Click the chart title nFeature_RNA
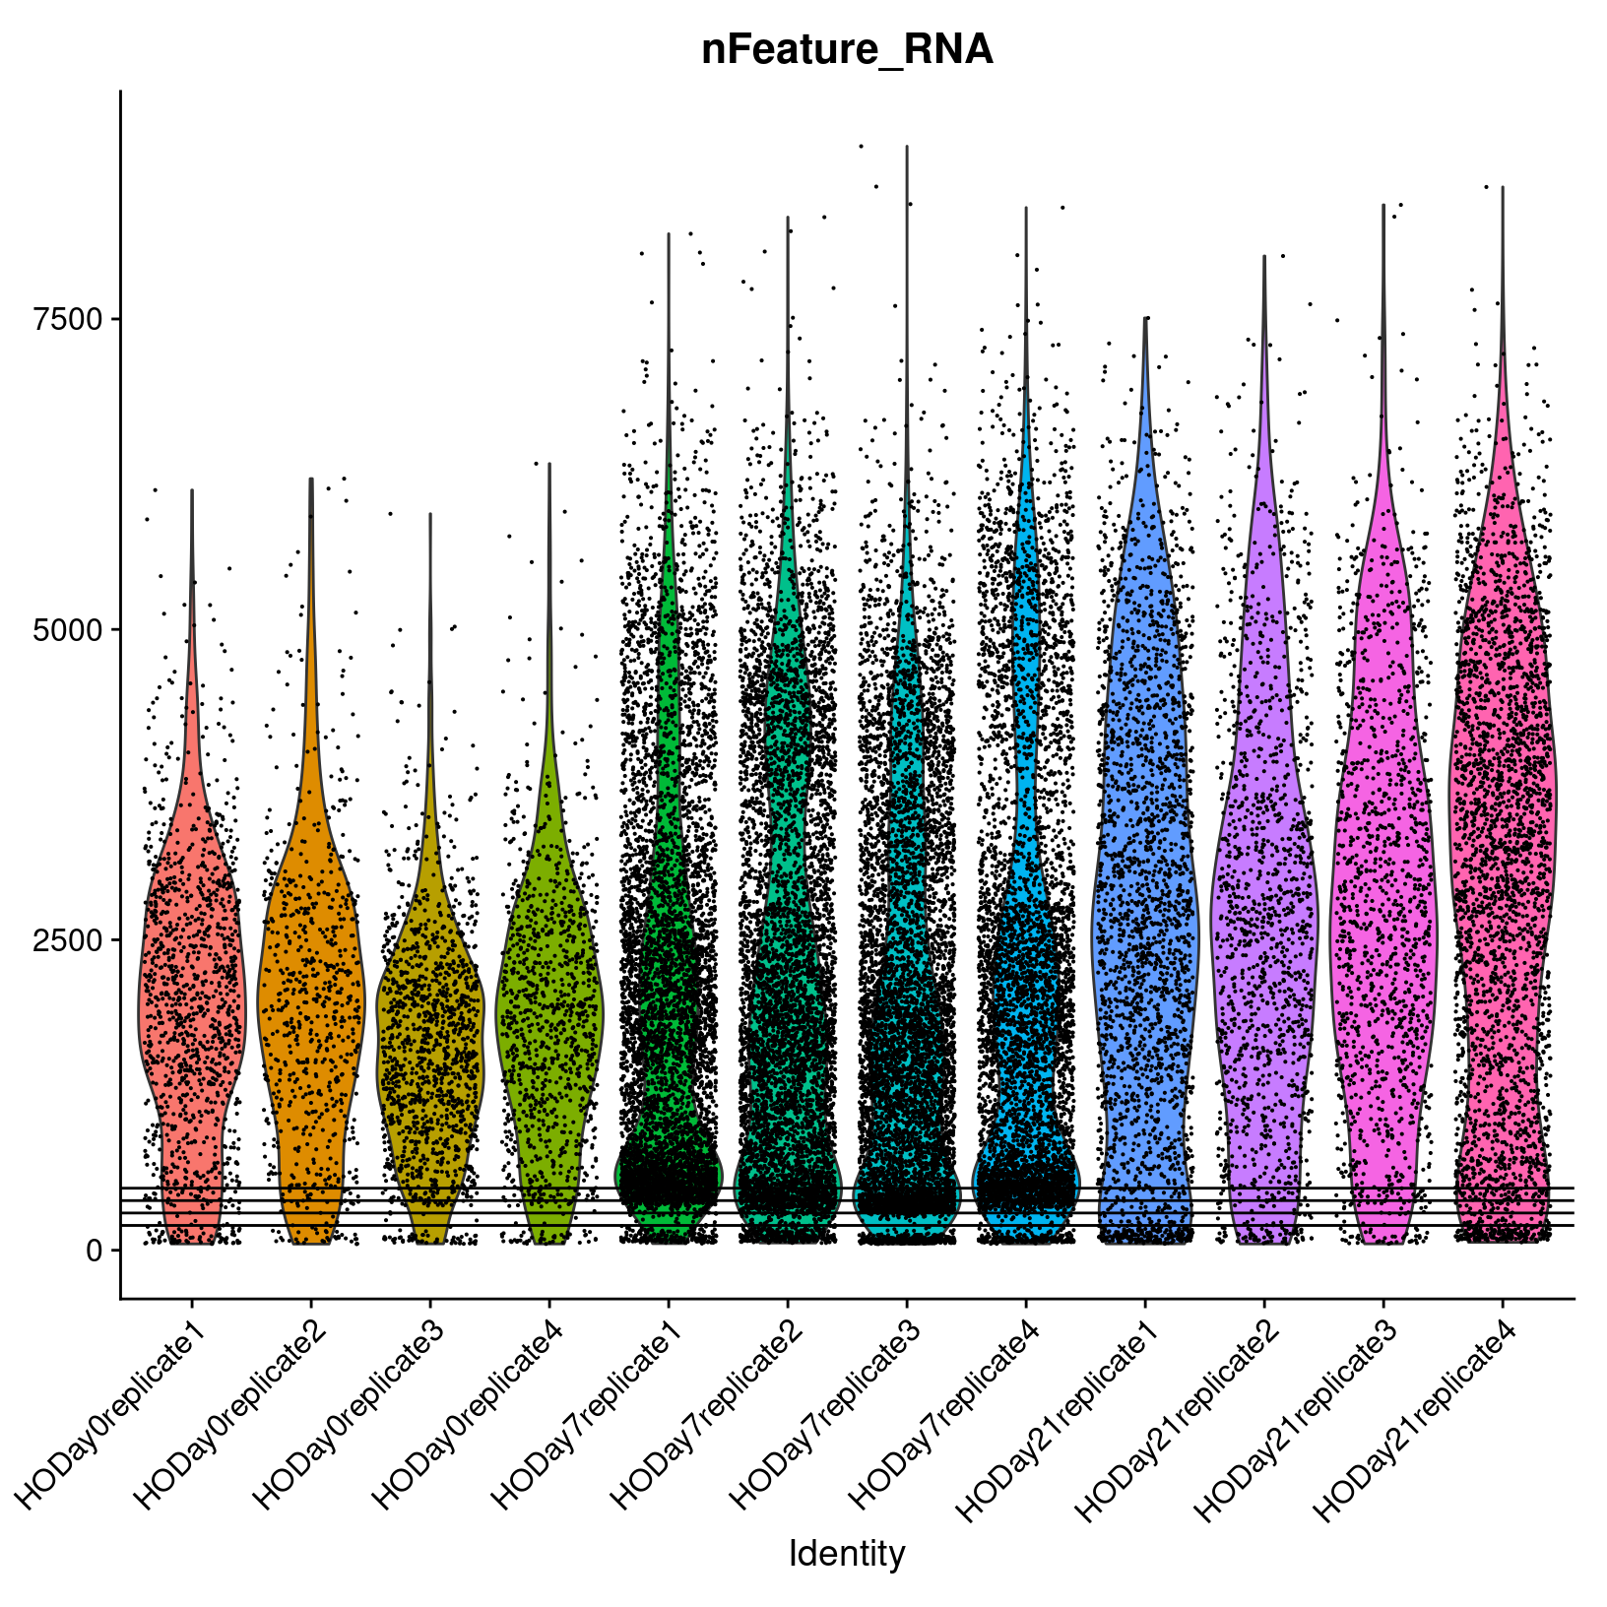coord(847,50)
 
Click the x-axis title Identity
coord(847,1554)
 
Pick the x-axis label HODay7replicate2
coord(709,1398)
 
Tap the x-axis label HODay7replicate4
coord(947,1398)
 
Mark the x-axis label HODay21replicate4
coord(1418,1403)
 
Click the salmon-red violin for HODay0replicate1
coord(192,985)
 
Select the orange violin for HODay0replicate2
coord(311,985)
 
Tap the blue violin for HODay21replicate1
coord(1145,886)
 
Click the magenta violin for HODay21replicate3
coord(1383,886)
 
